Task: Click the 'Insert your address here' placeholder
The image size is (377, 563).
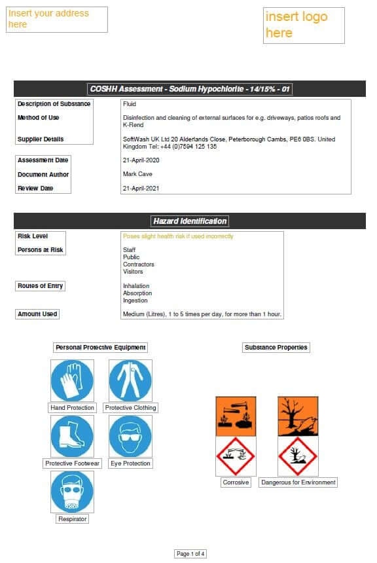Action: [56, 19]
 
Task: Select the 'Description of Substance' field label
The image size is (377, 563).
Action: [54, 104]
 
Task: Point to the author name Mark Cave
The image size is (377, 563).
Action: [139, 174]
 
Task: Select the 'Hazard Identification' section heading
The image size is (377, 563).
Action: [189, 221]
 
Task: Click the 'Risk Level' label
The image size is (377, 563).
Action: [33, 236]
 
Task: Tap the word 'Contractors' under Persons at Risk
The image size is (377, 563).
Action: [139, 264]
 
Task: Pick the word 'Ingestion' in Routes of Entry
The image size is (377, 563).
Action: [135, 300]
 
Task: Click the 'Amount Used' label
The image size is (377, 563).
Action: [37, 314]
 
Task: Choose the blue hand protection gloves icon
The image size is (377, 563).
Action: [72, 380]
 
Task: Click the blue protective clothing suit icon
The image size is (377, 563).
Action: [130, 380]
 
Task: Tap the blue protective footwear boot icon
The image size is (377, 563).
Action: [72, 436]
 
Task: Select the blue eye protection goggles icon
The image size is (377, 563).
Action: [130, 436]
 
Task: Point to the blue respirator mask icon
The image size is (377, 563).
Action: [72, 492]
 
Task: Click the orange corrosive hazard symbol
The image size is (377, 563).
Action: [236, 416]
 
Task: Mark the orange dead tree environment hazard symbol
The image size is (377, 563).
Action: [298, 416]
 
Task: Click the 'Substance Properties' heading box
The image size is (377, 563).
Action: [276, 348]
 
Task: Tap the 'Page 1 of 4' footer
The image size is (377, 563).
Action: [190, 554]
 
